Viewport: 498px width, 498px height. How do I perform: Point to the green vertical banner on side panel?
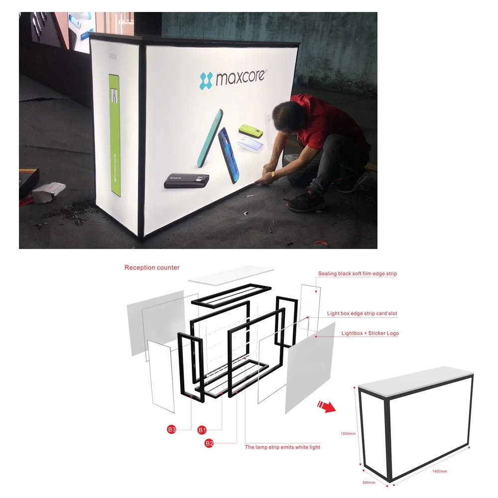[x=115, y=135]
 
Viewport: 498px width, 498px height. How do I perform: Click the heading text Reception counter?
[x=152, y=267]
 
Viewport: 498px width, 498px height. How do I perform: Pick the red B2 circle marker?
[x=210, y=442]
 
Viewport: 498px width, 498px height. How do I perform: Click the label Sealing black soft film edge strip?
[x=357, y=274]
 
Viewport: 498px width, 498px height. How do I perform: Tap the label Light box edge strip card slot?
[x=362, y=314]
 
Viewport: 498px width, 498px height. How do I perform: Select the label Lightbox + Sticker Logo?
[x=370, y=333]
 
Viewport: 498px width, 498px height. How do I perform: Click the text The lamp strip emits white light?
[x=282, y=447]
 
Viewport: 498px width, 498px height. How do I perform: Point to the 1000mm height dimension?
[x=349, y=434]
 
